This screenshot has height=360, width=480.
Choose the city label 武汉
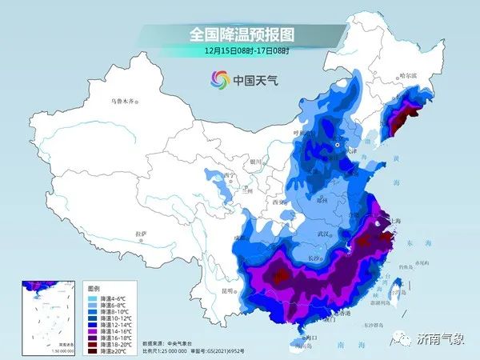[323, 233]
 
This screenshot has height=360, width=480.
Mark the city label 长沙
[314, 258]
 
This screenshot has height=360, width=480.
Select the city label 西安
[282, 203]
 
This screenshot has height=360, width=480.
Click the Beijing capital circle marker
[337, 146]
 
